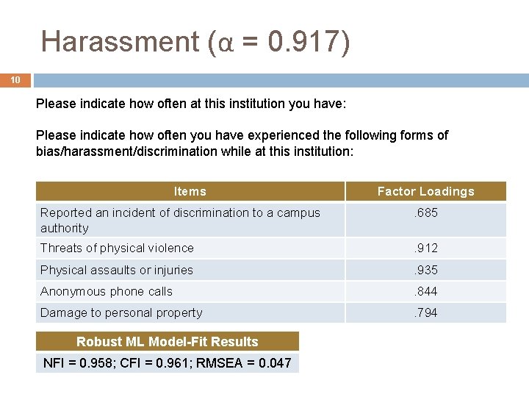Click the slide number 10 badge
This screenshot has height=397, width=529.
[x=15, y=80]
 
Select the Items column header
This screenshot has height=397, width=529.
[x=190, y=191]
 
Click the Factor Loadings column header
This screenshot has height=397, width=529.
[x=425, y=191]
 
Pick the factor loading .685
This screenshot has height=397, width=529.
[x=425, y=213]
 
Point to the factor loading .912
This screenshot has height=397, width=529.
[x=425, y=248]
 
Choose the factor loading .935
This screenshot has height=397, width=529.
[x=425, y=270]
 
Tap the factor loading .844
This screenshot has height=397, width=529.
[x=425, y=291]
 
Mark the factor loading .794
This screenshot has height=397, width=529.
[x=425, y=312]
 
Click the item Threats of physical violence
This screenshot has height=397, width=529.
[x=117, y=248]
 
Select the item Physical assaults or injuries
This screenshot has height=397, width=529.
[x=116, y=270]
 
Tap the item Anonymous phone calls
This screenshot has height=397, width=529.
[x=106, y=291]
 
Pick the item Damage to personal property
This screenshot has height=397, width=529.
[x=121, y=312]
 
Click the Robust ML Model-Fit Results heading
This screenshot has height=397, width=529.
[x=168, y=341]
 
